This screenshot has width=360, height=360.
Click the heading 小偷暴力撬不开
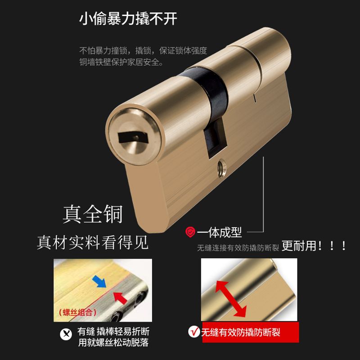point(128,18)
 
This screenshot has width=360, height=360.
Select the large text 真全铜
point(93,214)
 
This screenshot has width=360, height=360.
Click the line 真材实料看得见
point(93,243)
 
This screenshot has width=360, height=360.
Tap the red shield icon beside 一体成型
point(190,232)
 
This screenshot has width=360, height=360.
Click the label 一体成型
point(219,233)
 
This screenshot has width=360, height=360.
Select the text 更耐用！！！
point(314,246)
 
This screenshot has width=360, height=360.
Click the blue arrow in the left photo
point(99,282)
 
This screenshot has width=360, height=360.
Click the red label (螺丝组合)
point(77,312)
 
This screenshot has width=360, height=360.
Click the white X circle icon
point(66,334)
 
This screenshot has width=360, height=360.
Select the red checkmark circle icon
point(194,332)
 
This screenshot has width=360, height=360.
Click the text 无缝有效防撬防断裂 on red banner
point(241,332)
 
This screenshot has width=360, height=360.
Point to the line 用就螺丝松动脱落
point(113,342)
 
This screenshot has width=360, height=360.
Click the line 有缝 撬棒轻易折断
point(113,332)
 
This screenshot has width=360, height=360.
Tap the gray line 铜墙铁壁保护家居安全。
point(121,62)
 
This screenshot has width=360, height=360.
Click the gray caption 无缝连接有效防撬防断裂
point(238,248)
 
